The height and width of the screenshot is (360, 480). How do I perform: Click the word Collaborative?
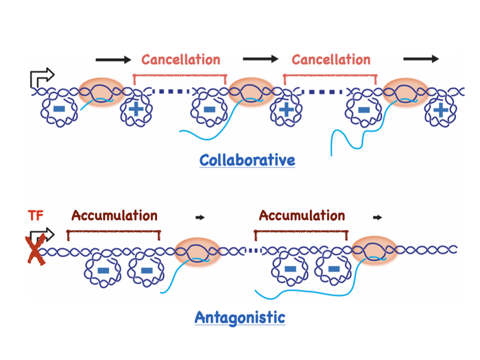click(x=247, y=160)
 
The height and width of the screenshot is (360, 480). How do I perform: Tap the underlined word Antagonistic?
click(x=239, y=317)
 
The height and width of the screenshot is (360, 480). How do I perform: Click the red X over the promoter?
click(x=35, y=248)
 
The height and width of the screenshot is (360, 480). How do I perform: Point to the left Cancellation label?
click(x=181, y=60)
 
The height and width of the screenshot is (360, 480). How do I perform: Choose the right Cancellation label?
click(x=331, y=60)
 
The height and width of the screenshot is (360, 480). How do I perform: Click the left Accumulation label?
click(x=115, y=215)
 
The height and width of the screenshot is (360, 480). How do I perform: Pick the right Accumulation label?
click(x=302, y=215)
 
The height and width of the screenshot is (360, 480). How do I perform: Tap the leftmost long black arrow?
click(x=113, y=60)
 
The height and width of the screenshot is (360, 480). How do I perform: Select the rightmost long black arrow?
click(x=421, y=60)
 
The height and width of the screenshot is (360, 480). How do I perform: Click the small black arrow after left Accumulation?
click(x=200, y=217)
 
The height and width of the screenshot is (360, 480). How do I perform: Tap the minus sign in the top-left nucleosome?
click(x=59, y=109)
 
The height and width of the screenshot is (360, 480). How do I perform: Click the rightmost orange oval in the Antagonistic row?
click(x=374, y=250)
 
